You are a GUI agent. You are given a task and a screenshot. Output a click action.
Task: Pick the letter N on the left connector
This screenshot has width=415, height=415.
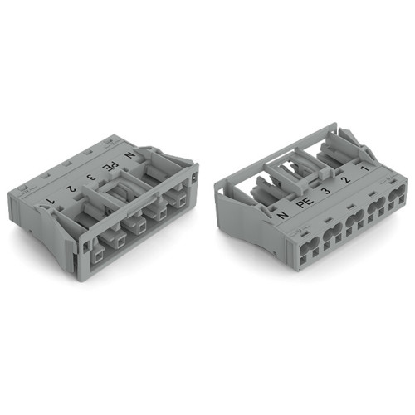pyautogui.click(x=128, y=155)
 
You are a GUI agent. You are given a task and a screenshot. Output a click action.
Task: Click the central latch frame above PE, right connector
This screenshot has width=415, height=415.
pyautogui.click(x=300, y=170)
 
